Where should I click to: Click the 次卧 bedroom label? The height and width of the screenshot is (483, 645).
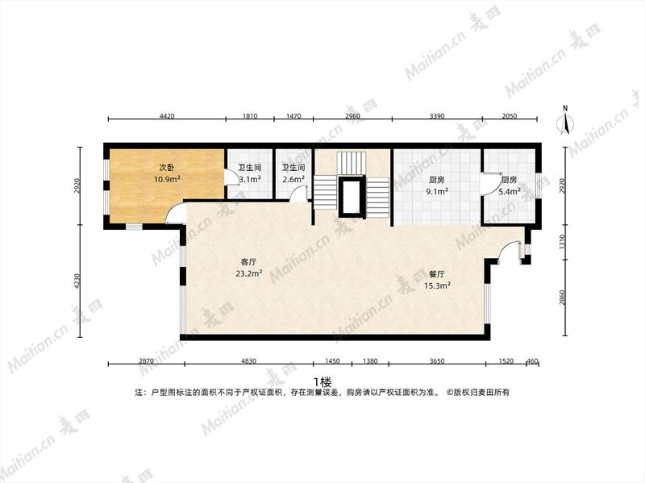click(x=167, y=168)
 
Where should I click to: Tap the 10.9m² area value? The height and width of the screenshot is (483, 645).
click(x=167, y=179)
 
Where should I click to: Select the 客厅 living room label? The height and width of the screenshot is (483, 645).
click(x=248, y=262)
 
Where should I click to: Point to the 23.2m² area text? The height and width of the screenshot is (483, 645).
click(x=249, y=273)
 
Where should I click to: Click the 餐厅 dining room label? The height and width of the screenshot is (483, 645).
click(x=437, y=274)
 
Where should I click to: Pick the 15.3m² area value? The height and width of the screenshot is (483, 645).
click(x=437, y=285)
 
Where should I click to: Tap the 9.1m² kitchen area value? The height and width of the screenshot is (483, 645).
click(x=437, y=191)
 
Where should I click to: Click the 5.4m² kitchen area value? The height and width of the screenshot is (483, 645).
click(x=510, y=191)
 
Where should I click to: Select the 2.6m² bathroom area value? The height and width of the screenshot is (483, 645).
click(x=293, y=179)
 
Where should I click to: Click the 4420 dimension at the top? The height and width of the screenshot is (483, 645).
click(x=167, y=116)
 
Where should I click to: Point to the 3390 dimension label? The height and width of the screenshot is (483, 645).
click(x=437, y=116)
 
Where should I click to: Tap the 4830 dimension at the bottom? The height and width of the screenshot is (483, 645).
click(x=248, y=361)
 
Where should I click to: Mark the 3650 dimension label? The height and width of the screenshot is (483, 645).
click(x=437, y=361)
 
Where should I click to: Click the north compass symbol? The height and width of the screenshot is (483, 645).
click(x=566, y=121)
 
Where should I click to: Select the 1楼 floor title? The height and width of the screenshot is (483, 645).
click(x=322, y=381)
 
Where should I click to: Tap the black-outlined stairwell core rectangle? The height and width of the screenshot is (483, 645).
click(x=352, y=197)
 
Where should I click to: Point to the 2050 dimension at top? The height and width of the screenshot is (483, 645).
click(x=510, y=116)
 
